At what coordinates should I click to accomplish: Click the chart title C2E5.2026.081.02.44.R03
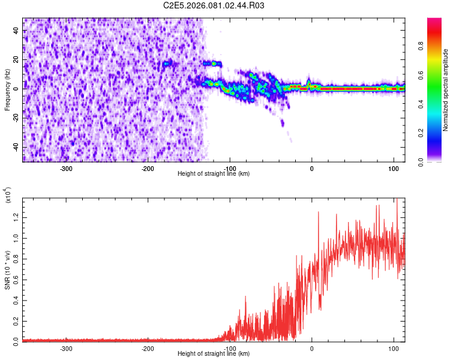pyautogui.click(x=214, y=5)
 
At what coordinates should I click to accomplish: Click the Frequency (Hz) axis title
pyautogui.click(x=8, y=89)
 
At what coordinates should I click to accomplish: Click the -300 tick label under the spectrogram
pyautogui.click(x=66, y=168)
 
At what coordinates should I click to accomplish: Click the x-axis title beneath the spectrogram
pyautogui.click(x=214, y=174)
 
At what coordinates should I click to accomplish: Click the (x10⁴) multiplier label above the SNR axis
pyautogui.click(x=8, y=194)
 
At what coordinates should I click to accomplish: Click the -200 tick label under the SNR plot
pyautogui.click(x=148, y=348)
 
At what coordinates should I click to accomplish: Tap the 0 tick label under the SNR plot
pyautogui.click(x=311, y=348)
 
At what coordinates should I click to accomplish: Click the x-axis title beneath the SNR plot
pyautogui.click(x=214, y=354)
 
